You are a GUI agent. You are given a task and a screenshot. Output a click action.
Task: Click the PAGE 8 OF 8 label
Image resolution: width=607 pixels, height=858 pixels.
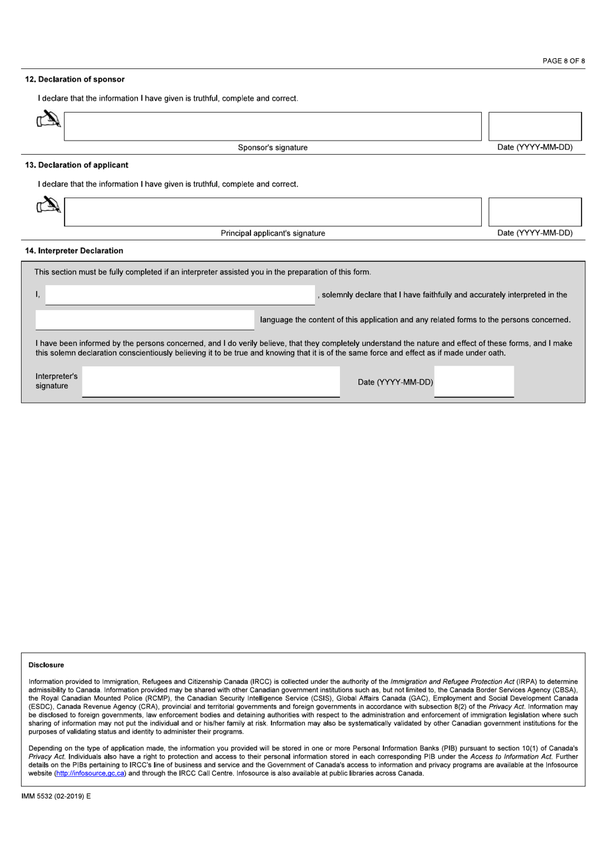pyautogui.click(x=563, y=61)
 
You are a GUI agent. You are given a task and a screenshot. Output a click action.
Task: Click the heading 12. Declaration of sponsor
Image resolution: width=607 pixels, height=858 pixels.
pyautogui.click(x=75, y=79)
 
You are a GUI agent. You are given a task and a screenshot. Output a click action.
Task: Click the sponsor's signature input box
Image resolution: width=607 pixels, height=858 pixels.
pyautogui.click(x=272, y=127)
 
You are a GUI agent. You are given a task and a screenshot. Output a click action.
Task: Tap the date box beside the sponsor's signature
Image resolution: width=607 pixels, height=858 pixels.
pyautogui.click(x=535, y=127)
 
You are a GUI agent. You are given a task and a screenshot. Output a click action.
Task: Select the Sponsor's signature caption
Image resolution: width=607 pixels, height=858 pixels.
pyautogui.click(x=273, y=148)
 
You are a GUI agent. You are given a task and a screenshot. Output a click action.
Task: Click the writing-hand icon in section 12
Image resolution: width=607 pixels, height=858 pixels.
pyautogui.click(x=49, y=120)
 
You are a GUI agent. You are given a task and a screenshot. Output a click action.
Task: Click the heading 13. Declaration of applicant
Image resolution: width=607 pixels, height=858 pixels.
pyautogui.click(x=77, y=165)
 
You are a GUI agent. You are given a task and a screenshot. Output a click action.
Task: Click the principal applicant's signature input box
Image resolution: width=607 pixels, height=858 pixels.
pyautogui.click(x=272, y=212)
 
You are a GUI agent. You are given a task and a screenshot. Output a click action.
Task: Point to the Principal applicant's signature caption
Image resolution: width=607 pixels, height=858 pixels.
pyautogui.click(x=273, y=233)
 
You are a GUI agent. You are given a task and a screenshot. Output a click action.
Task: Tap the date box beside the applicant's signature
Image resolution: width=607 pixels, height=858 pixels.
pyautogui.click(x=535, y=212)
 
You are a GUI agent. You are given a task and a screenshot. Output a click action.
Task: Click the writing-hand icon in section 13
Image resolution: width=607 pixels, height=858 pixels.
pyautogui.click(x=49, y=205)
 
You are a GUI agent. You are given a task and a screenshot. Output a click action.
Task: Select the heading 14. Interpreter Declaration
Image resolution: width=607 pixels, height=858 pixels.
pyautogui.click(x=74, y=251)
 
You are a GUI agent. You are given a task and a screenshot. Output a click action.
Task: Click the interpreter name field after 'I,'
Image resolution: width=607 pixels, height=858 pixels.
pyautogui.click(x=180, y=295)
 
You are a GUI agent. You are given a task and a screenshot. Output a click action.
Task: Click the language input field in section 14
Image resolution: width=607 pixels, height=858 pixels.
pyautogui.click(x=144, y=320)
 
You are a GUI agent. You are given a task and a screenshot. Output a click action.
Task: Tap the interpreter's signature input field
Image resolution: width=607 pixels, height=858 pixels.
pyautogui.click(x=211, y=382)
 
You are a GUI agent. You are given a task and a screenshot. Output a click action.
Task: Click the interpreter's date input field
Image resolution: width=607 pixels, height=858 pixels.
pyautogui.click(x=473, y=382)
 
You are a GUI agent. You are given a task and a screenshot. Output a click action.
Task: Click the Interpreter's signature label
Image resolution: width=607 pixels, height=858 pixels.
pyautogui.click(x=56, y=381)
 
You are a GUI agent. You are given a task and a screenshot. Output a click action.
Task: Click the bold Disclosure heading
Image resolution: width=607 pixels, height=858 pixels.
pyautogui.click(x=46, y=665)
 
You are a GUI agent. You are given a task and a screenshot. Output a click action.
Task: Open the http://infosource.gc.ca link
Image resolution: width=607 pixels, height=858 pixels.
pyautogui.click(x=90, y=773)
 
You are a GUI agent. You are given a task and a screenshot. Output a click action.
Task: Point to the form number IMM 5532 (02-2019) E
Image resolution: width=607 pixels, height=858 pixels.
pyautogui.click(x=57, y=797)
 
